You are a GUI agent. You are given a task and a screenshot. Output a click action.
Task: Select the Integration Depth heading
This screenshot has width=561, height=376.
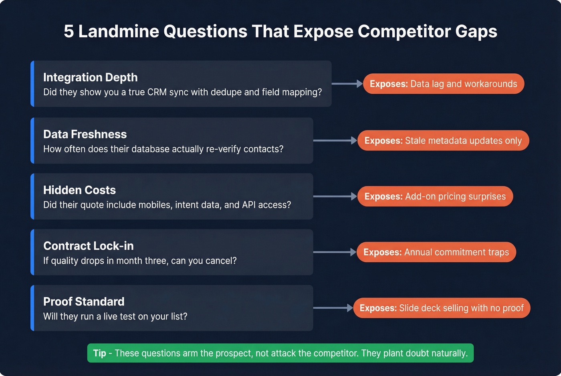90,77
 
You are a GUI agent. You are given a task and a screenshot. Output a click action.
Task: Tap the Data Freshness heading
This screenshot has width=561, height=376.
85,134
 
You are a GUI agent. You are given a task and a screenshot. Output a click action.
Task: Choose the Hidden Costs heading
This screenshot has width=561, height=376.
79,190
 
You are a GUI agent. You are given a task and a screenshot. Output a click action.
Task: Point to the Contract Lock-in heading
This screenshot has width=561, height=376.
88,246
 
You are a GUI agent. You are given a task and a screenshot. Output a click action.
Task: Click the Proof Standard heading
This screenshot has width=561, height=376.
84,302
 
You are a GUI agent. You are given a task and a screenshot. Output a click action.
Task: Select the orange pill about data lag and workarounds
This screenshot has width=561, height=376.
443,84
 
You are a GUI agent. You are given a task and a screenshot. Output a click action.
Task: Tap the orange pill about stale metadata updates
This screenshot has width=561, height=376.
443,141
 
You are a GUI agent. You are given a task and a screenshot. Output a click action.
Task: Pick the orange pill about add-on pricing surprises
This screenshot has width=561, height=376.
435,197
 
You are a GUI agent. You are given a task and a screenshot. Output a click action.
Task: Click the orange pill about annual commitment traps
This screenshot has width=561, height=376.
436,252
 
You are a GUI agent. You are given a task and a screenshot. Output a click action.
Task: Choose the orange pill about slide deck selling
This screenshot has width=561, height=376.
441,308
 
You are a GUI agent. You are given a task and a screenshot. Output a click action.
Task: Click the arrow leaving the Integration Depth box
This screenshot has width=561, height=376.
347,84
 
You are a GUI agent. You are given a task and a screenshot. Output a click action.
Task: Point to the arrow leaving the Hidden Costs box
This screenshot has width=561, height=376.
335,197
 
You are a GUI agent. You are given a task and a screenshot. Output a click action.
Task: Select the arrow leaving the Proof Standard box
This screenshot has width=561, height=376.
333,308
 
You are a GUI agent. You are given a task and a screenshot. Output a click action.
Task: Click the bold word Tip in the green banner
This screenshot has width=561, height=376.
99,353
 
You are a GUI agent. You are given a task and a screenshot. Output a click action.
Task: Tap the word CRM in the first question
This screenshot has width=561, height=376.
157,92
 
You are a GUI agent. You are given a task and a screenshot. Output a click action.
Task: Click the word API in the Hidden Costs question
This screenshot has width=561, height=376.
248,205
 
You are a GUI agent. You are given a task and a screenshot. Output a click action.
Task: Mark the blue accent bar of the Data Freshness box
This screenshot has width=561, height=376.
32,141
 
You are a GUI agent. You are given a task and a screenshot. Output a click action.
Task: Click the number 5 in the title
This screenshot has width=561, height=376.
69,31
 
